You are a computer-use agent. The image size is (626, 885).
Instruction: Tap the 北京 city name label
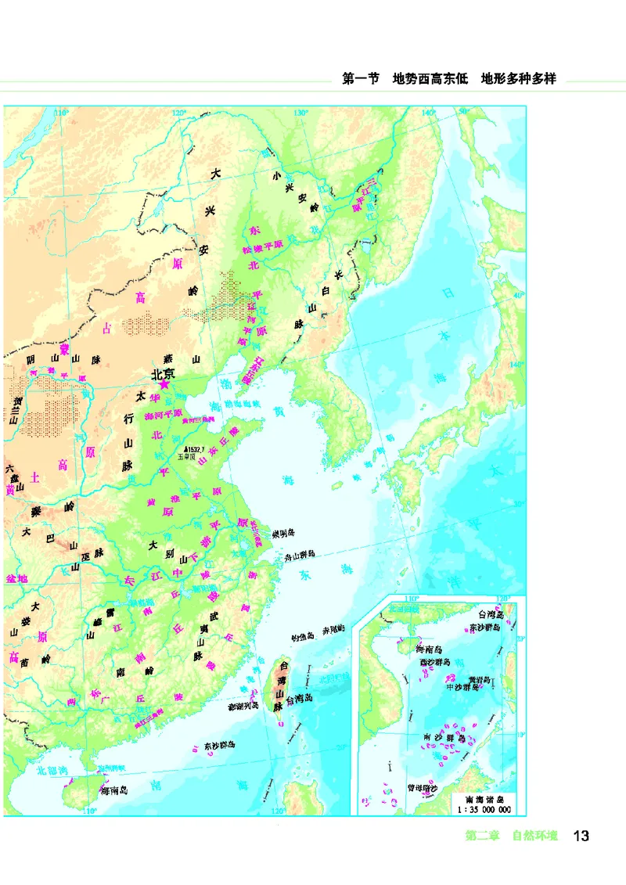[x=164, y=374]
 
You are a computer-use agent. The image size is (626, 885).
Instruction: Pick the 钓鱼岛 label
[x=302, y=636]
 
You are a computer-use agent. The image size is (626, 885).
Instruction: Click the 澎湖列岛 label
[x=243, y=706]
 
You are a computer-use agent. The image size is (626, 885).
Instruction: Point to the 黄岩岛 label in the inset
[x=482, y=679]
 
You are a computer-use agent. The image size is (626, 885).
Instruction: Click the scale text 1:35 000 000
[x=484, y=809]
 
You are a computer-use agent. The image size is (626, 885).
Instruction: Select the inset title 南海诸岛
[x=485, y=798]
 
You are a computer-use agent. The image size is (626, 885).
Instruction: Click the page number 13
[x=581, y=836]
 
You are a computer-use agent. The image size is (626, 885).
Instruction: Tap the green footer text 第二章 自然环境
[x=512, y=836]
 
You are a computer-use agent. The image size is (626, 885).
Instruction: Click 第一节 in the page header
[x=361, y=79]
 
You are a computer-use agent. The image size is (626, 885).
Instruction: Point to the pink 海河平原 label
[x=164, y=414]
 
